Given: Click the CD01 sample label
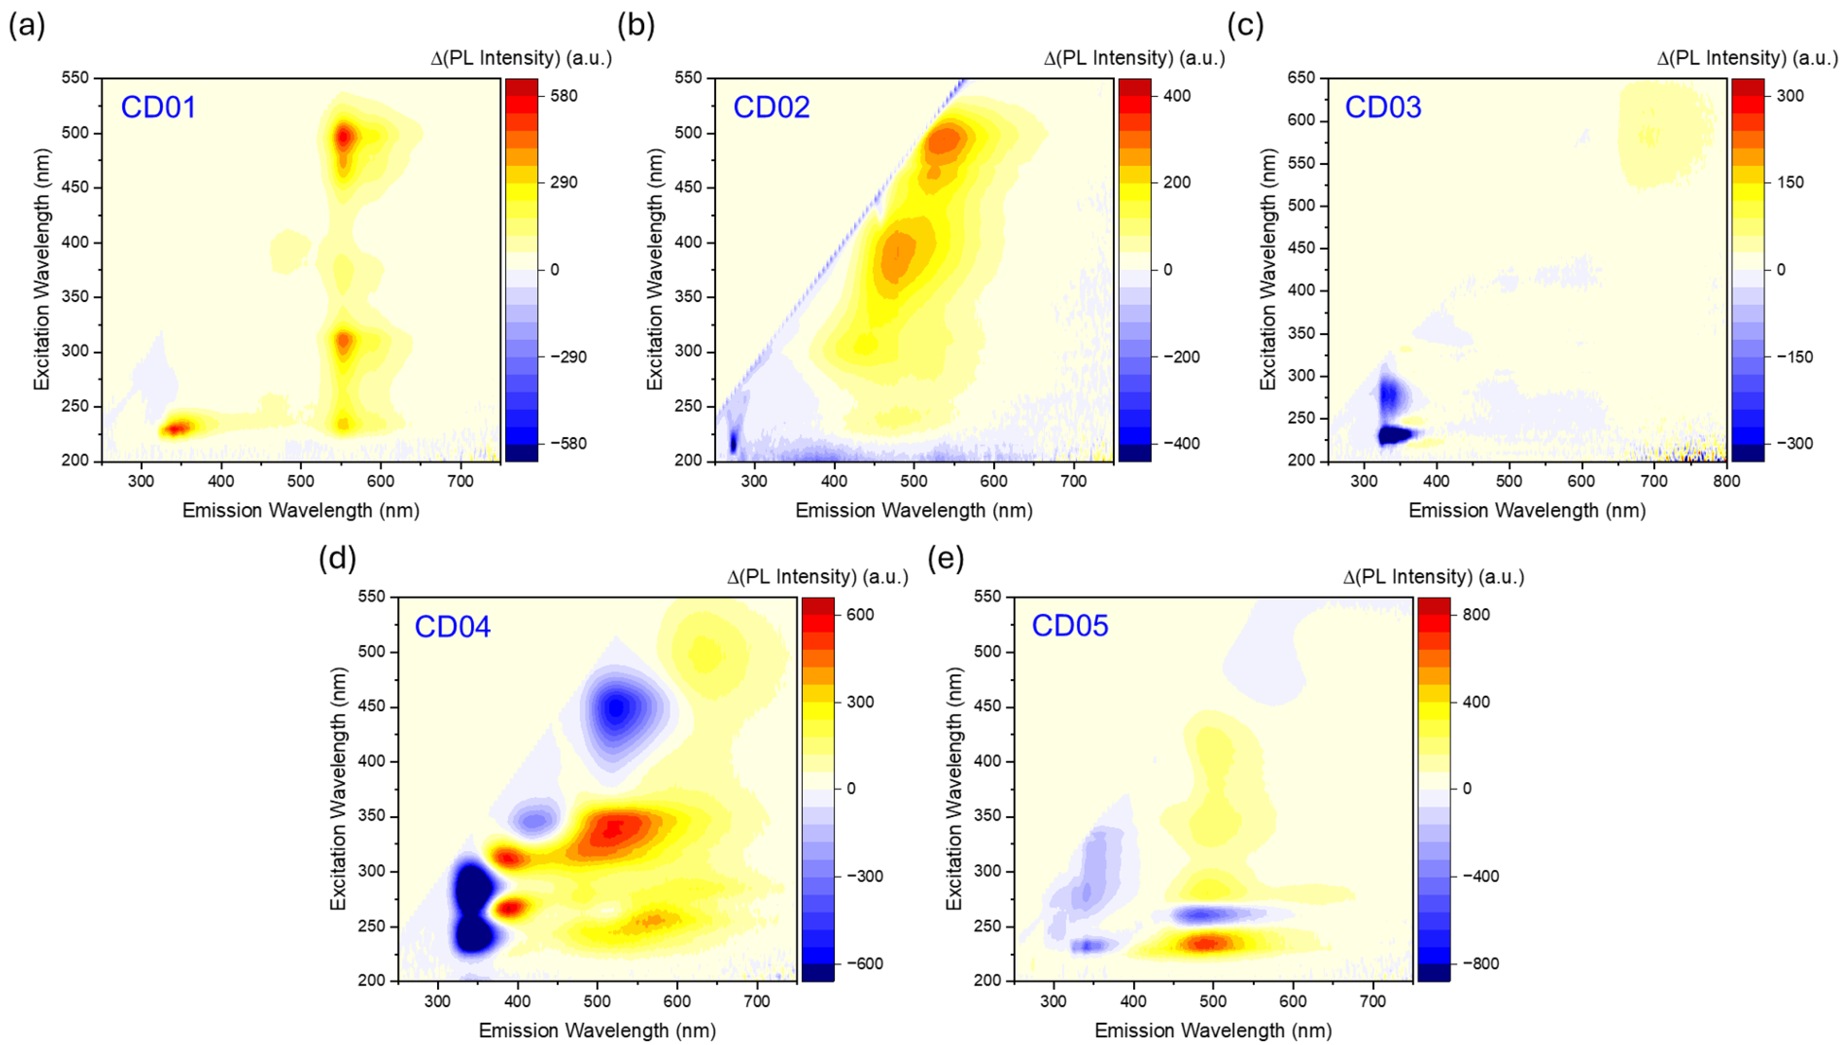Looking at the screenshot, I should point(158,108).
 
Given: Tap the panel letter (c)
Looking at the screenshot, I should point(1245,26).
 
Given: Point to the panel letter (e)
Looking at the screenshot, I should point(946,558).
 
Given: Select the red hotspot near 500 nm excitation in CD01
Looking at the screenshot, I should point(345,136).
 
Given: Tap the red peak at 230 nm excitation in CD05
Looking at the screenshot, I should point(1208,944).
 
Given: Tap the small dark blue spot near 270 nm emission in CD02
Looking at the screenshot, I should point(733,442).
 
